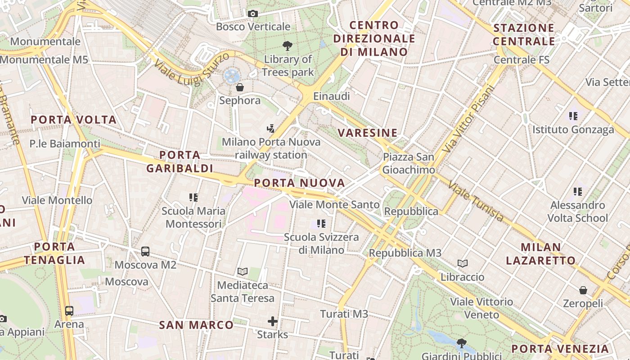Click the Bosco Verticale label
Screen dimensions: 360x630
253,27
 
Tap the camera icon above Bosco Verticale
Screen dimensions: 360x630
253,14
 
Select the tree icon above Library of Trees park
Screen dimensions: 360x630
287,45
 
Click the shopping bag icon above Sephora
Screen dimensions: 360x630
240,87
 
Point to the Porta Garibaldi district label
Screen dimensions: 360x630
180,162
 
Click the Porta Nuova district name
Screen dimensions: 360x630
299,183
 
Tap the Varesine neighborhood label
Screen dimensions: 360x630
368,133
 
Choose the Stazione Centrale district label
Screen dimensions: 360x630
524,35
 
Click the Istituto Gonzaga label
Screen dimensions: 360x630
573,130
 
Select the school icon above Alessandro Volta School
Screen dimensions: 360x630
578,192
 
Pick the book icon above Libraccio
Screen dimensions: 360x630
463,263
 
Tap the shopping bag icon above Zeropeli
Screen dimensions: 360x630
583,290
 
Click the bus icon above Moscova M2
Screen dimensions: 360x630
145,252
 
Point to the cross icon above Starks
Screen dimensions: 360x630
272,321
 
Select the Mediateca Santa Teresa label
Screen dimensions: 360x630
242,292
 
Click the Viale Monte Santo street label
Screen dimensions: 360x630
334,205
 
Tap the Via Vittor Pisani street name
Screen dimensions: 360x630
468,118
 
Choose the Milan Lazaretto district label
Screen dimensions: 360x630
540,254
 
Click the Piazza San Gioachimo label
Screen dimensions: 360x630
409,163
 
